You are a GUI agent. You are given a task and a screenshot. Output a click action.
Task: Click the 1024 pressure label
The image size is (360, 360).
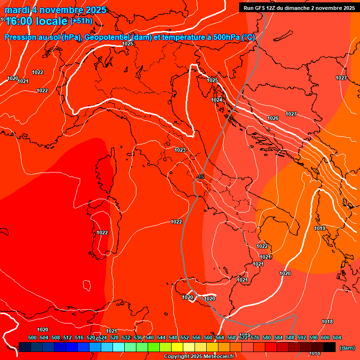pyautogui.click(x=216, y=100)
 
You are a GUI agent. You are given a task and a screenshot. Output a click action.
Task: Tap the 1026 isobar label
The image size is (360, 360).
pyautogui.click(x=273, y=118)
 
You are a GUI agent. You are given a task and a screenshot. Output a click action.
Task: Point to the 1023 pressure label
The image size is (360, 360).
pyautogui.click(x=180, y=150)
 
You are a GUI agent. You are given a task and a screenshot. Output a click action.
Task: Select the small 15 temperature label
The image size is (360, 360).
pyautogui.click(x=201, y=177)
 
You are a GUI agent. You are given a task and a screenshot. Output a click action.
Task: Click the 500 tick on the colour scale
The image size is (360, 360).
pyautogui.click(x=32, y=337)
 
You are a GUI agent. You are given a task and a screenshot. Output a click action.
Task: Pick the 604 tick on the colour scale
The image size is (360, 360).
pyautogui.click(x=337, y=337)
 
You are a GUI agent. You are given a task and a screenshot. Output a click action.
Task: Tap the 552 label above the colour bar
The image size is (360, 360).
pyautogui.click(x=185, y=337)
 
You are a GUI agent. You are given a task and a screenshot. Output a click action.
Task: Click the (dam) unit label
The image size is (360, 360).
pyautogui.click(x=347, y=348)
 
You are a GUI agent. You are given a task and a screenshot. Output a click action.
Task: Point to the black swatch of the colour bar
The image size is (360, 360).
pyautogui.click(x=330, y=347)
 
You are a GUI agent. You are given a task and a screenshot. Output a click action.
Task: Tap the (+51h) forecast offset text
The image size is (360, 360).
pyautogui.click(x=81, y=21)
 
